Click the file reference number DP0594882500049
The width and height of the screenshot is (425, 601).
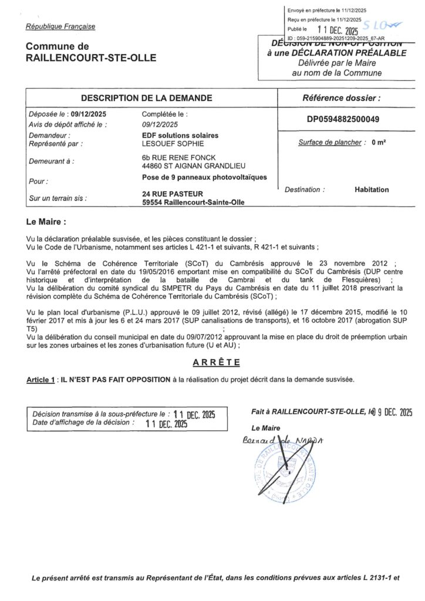click(343, 119)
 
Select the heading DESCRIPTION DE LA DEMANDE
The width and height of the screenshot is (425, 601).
click(146, 98)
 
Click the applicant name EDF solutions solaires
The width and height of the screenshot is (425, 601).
click(180, 135)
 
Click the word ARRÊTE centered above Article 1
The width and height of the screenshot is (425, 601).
click(212, 362)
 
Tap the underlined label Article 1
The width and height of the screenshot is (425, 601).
click(41, 380)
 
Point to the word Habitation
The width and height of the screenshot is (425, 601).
click(372, 190)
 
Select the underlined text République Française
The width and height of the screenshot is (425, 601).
click(60, 26)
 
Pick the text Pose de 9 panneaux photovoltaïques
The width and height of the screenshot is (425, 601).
click(204, 177)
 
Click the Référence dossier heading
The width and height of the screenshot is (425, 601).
click(341, 98)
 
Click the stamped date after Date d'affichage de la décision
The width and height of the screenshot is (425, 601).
click(166, 423)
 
